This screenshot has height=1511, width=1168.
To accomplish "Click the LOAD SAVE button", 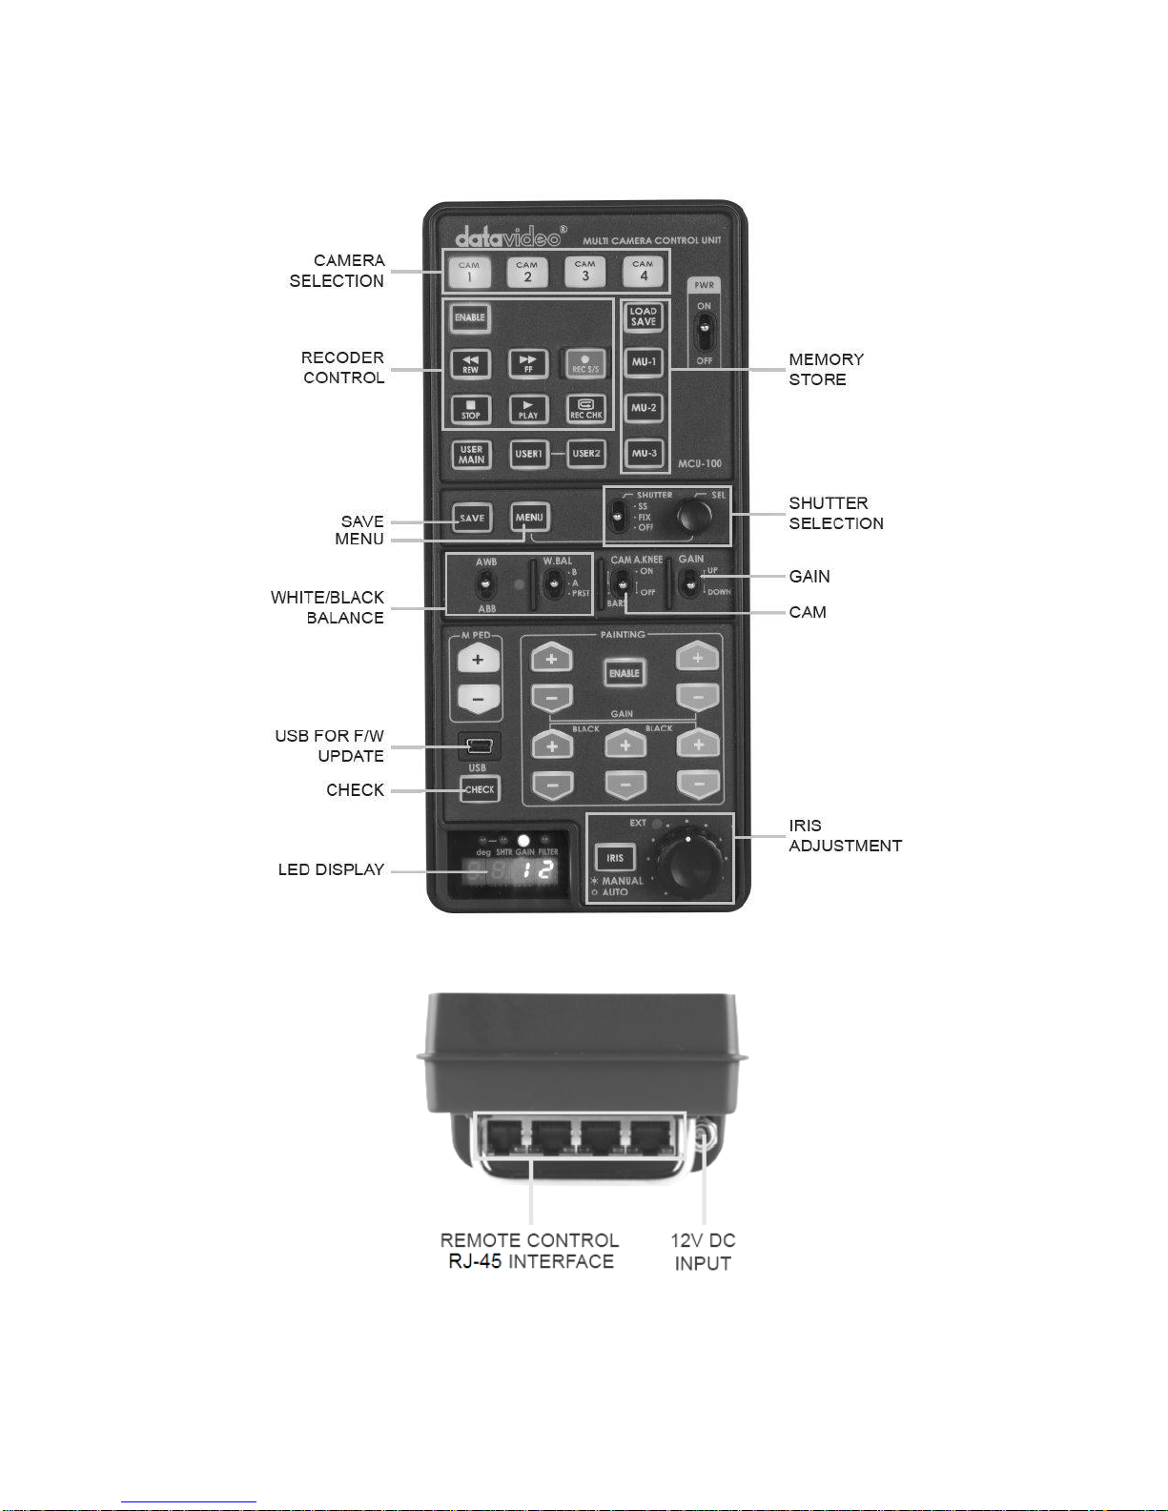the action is (644, 316).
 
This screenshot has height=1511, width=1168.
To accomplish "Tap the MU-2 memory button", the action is (644, 408).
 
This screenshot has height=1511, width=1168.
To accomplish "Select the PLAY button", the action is (528, 409).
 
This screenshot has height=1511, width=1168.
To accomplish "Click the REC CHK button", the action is (585, 409).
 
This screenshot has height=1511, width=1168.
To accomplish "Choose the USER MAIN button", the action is (471, 454).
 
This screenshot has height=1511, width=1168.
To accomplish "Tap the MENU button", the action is (529, 518).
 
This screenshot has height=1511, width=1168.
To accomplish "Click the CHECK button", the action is (480, 789).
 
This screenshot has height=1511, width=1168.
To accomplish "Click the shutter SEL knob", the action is (694, 517).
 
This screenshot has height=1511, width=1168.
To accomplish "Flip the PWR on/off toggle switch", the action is (704, 332).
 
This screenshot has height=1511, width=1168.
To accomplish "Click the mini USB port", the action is (480, 745).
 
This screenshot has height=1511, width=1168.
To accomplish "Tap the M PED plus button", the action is (478, 659).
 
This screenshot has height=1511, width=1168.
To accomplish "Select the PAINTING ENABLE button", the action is (625, 673).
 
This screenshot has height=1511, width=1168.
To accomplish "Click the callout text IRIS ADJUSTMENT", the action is (845, 835).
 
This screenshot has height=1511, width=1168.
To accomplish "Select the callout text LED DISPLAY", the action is (331, 869).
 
